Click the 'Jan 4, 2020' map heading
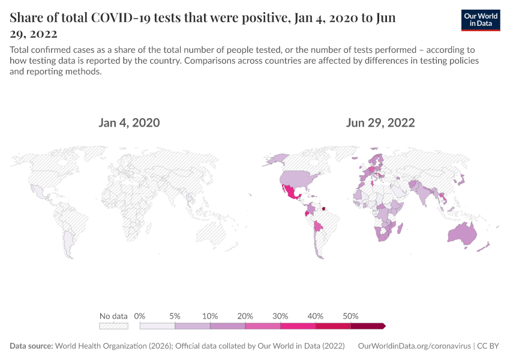(129, 123)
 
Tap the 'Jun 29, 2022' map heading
(380, 123)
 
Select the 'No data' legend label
(113, 316)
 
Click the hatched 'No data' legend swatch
(113, 326)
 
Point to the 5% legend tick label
(175, 316)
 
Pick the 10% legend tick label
(210, 316)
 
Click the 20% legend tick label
(245, 316)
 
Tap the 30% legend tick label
(280, 316)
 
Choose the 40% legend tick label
(316, 316)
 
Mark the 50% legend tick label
(350, 316)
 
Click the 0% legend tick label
(140, 316)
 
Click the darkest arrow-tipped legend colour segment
(367, 326)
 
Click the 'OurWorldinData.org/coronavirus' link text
(413, 346)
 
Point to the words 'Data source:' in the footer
(31, 346)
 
